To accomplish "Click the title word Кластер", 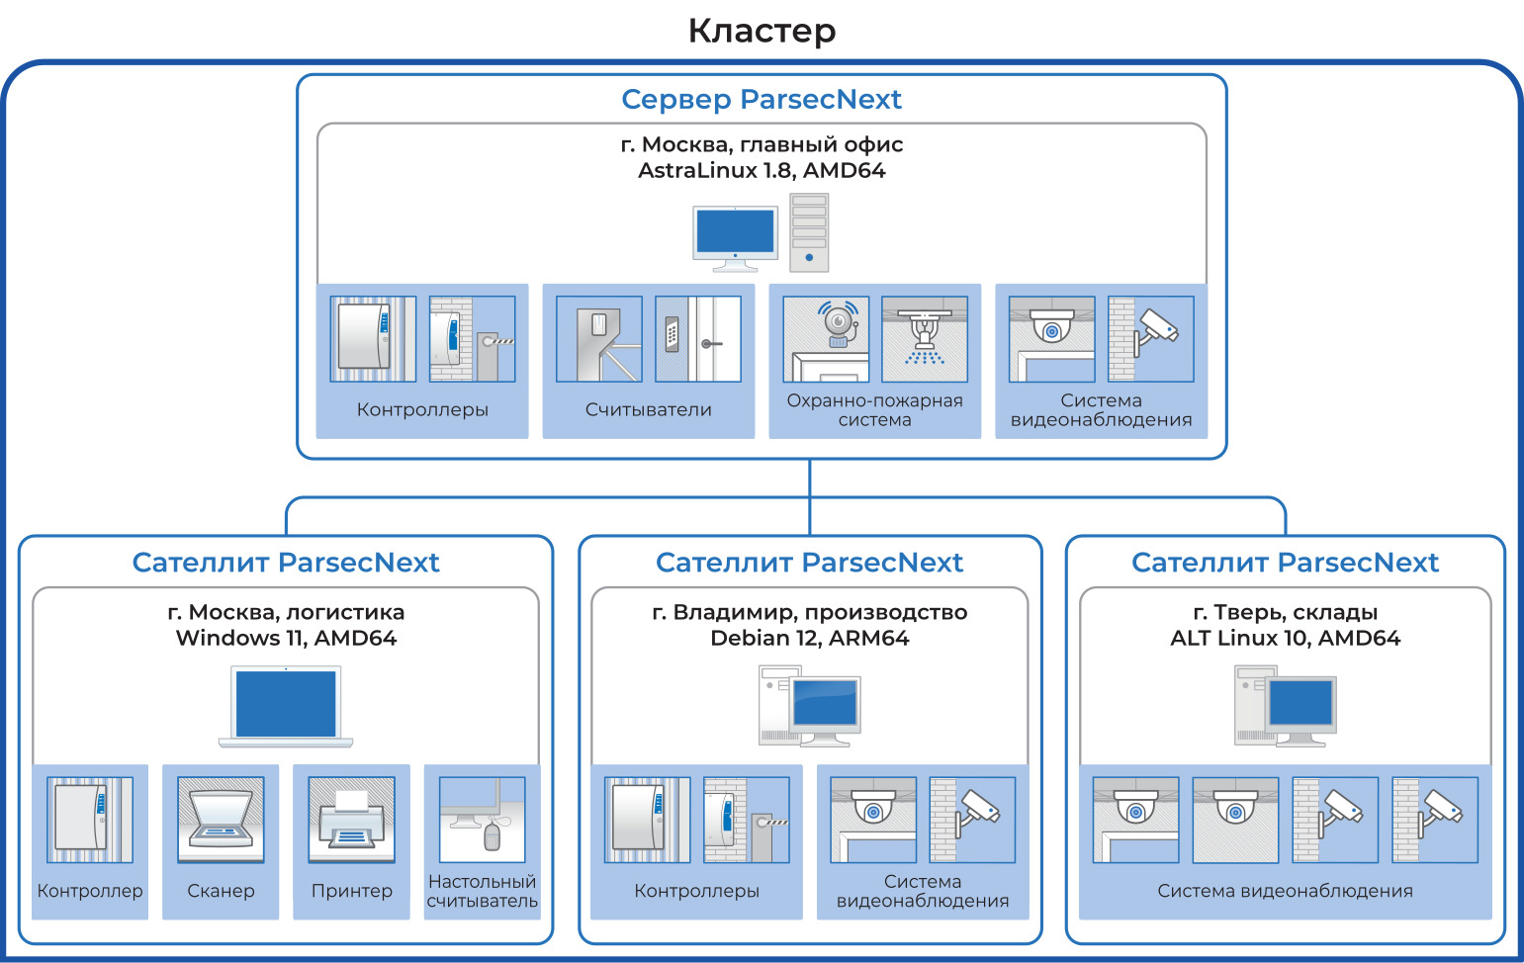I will pos(762,31).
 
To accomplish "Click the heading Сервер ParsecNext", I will pos(762,100).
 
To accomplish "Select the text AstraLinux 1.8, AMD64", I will pos(762,170).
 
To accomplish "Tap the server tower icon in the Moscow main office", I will pos(809,233).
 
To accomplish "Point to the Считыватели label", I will pos(648,409).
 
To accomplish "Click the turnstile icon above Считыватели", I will pos(599,339).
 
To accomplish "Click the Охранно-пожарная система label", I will pos(874,410).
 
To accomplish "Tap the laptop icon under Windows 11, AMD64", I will pos(286,706).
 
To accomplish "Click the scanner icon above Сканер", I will pos(221,820).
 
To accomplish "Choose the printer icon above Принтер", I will pos(351,820).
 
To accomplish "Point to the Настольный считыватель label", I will pos(482,891).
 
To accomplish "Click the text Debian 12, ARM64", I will pos(809,638).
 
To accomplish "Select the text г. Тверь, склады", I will pos(1285,612).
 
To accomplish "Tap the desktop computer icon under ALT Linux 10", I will pos(1285,706).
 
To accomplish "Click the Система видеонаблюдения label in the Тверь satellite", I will pos(1285,891).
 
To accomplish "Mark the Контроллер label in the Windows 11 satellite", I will pos(90,891).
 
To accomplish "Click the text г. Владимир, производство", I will pos(809,612).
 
